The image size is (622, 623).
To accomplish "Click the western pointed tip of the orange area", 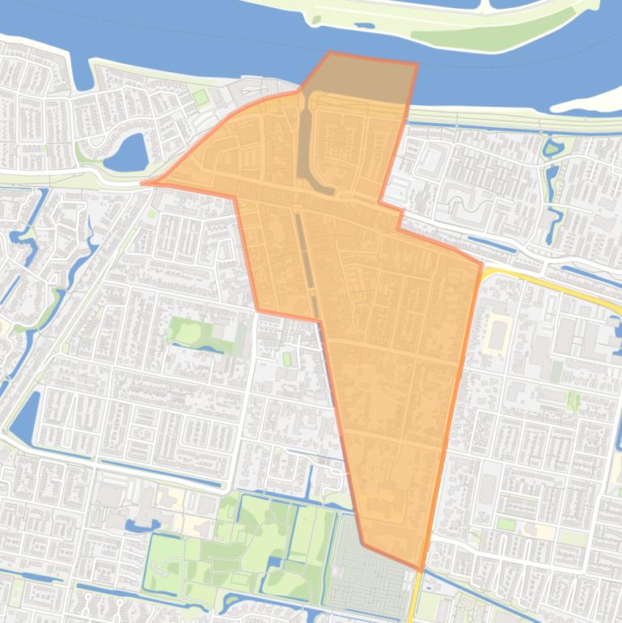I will (146, 183).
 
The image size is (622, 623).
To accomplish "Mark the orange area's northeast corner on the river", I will (417, 64).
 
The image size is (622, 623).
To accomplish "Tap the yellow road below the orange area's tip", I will (415, 599).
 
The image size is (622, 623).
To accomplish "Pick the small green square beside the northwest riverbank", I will (200, 97).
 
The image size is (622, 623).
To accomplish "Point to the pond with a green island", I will (552, 148).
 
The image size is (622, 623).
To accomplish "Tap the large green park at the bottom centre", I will (243, 550).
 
